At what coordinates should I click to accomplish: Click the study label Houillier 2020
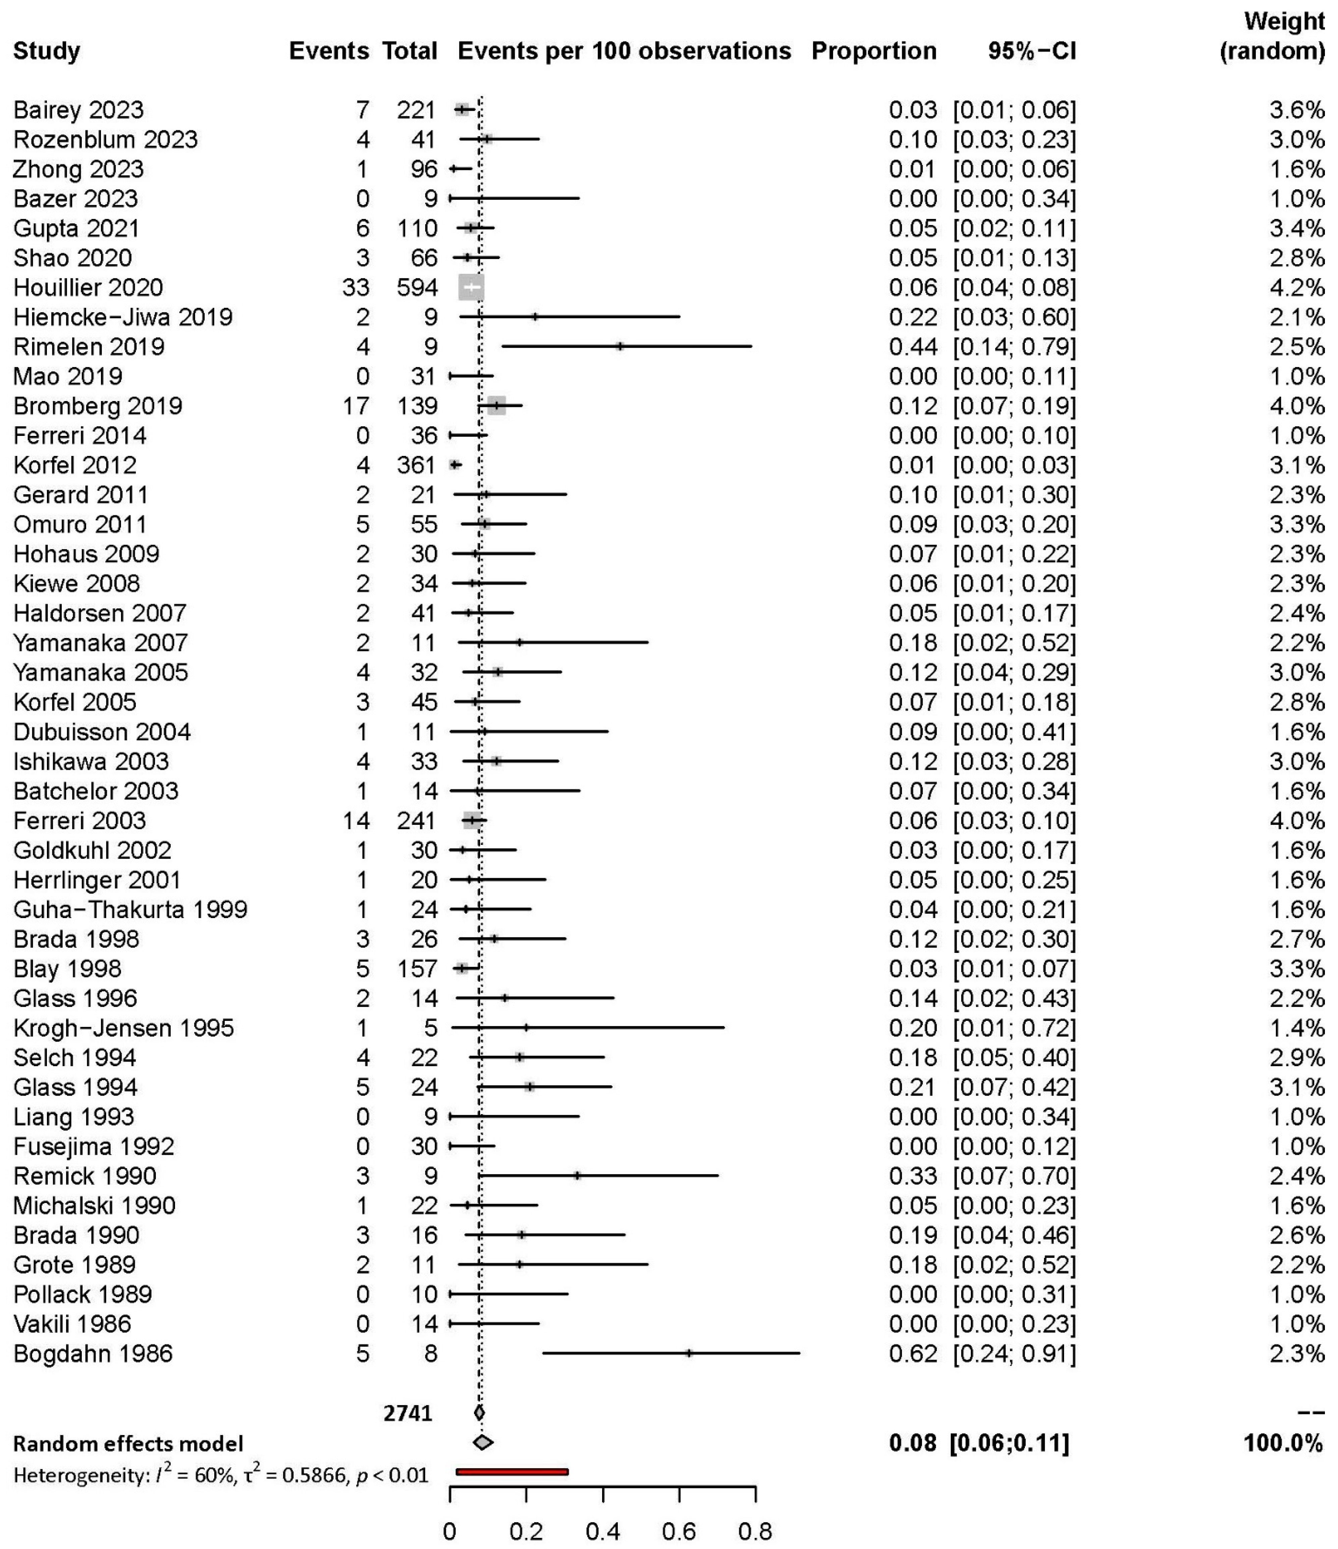(88, 288)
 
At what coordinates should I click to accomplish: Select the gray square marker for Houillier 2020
(471, 288)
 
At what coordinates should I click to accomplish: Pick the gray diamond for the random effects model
(483, 1442)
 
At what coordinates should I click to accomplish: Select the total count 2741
(408, 1413)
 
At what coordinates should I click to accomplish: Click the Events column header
(329, 51)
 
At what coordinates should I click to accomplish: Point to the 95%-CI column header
(1032, 51)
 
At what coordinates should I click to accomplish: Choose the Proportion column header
(874, 51)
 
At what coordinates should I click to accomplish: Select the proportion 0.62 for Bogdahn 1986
(913, 1353)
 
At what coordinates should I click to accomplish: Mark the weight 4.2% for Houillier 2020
(1297, 288)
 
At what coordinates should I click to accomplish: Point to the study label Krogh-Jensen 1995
(123, 1028)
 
